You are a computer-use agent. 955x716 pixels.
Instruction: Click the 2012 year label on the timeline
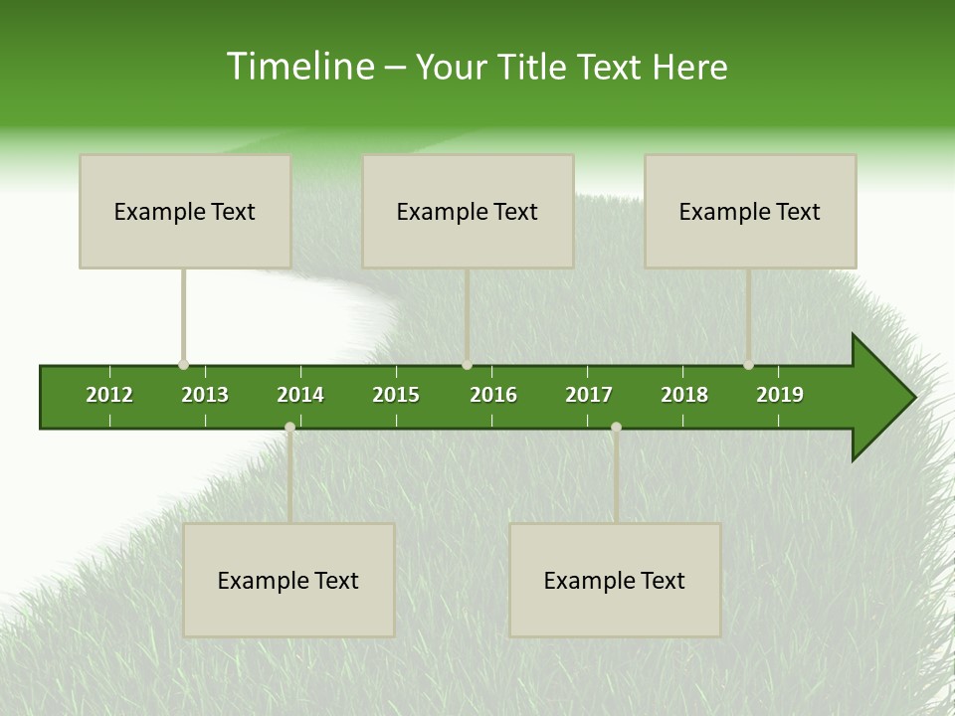click(x=109, y=395)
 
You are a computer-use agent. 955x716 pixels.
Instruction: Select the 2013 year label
click(x=205, y=395)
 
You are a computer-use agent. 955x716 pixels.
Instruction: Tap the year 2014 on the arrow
click(x=300, y=395)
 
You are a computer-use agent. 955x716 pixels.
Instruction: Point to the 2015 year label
click(x=396, y=395)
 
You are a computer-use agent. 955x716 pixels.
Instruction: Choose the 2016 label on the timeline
click(x=493, y=395)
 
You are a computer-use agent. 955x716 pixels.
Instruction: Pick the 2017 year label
click(x=589, y=395)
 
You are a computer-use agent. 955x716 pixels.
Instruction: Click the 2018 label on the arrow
click(x=684, y=395)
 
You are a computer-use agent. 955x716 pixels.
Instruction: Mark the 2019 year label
click(x=780, y=395)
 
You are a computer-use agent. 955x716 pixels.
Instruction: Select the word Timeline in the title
click(x=298, y=67)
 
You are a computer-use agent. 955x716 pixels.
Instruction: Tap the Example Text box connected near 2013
click(x=185, y=211)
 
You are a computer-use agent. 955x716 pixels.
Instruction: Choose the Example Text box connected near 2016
click(x=468, y=211)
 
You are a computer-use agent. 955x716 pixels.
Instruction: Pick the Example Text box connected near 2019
click(x=750, y=211)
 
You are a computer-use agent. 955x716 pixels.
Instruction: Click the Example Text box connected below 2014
click(x=288, y=580)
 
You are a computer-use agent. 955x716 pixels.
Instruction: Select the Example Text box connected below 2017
click(x=615, y=580)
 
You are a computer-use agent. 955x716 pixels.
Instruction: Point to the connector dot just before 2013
click(x=183, y=365)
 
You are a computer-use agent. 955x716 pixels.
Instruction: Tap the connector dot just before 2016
click(x=467, y=365)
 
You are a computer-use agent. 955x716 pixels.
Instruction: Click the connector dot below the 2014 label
click(x=289, y=427)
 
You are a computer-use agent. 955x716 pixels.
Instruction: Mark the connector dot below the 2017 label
click(x=616, y=427)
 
